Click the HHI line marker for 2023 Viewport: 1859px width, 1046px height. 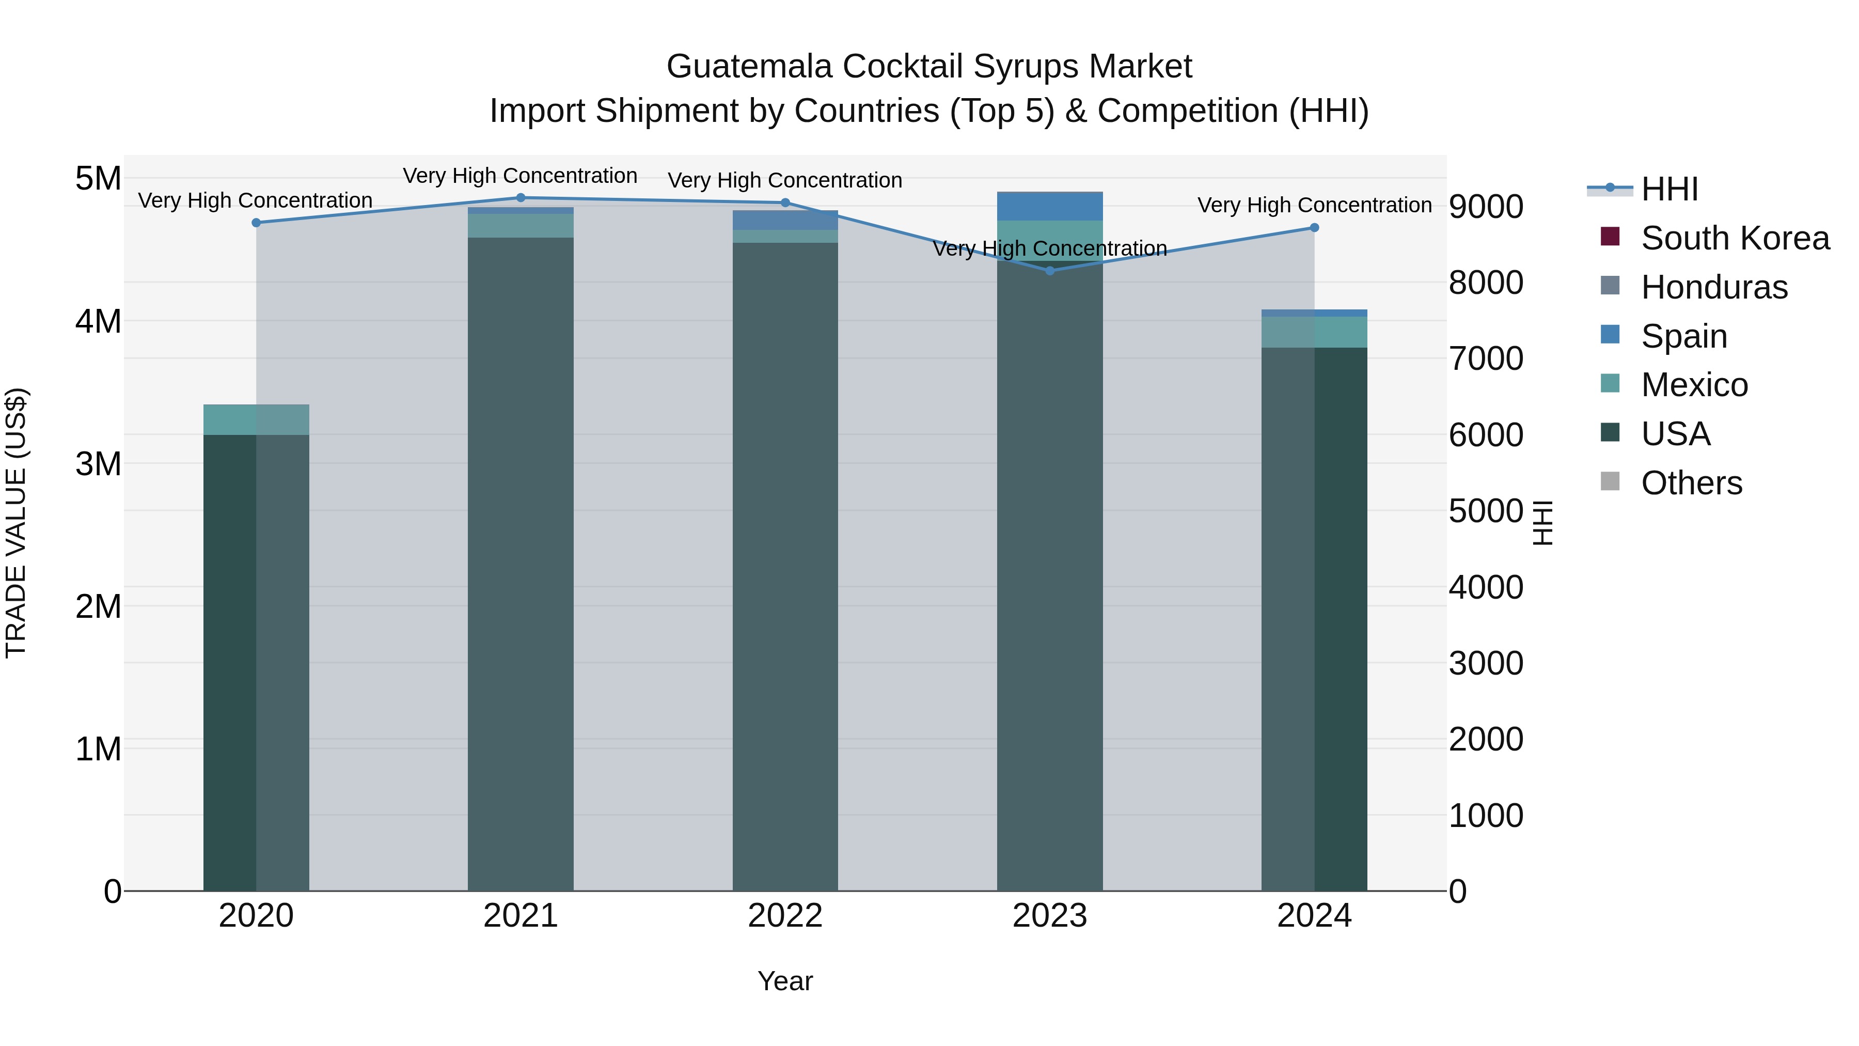(1049, 271)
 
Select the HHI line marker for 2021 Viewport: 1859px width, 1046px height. (521, 198)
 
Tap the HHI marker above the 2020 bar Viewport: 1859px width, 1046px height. (256, 223)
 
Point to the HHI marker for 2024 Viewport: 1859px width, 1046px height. (1314, 228)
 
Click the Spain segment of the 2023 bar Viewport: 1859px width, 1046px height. (1049, 207)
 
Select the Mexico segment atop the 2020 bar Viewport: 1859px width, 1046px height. (256, 419)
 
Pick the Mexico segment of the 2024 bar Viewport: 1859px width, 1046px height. (1314, 332)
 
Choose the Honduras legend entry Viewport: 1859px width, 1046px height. (1714, 287)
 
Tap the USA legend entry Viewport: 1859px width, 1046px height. (1675, 434)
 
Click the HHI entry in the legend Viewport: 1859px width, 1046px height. (1668, 189)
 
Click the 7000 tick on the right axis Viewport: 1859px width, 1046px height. (1485, 359)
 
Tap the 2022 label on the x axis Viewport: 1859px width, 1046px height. (785, 916)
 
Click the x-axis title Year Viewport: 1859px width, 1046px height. (785, 981)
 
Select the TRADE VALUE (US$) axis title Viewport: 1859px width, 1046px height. (16, 523)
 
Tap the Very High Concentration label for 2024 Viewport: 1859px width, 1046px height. (1314, 205)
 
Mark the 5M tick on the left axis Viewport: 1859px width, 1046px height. (98, 178)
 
